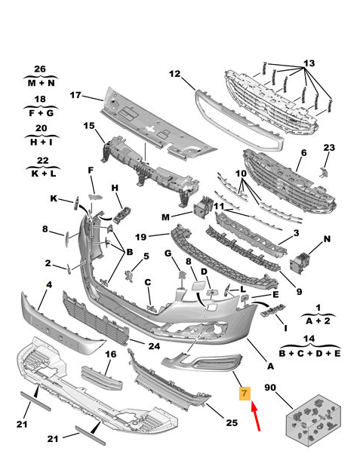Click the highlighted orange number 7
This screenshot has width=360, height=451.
(x=244, y=393)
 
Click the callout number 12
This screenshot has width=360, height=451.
(x=174, y=75)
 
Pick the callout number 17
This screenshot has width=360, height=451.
(x=75, y=95)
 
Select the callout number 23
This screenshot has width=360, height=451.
(x=328, y=147)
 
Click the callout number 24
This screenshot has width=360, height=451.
(x=154, y=346)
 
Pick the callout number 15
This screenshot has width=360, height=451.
(x=89, y=125)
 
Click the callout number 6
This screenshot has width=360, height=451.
(x=303, y=153)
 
